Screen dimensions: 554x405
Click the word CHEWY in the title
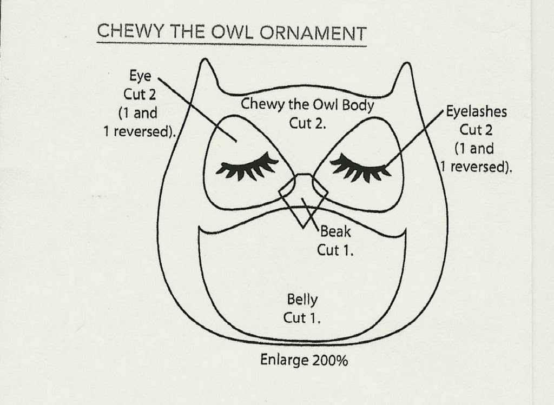pos(130,31)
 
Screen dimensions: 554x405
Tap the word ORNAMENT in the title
pos(313,34)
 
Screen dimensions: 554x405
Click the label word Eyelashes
pos(476,111)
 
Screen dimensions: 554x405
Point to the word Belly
pos(302,300)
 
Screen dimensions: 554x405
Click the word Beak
pos(335,231)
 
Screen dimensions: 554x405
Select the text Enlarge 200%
pos(304,360)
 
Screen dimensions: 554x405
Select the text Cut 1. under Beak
pos(335,250)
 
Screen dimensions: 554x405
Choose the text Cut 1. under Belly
pos(302,318)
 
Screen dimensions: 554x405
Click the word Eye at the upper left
pos(140,76)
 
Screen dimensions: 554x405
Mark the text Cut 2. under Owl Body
pos(307,124)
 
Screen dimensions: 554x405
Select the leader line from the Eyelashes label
pos(413,138)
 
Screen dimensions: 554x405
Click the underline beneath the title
pos(232,44)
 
